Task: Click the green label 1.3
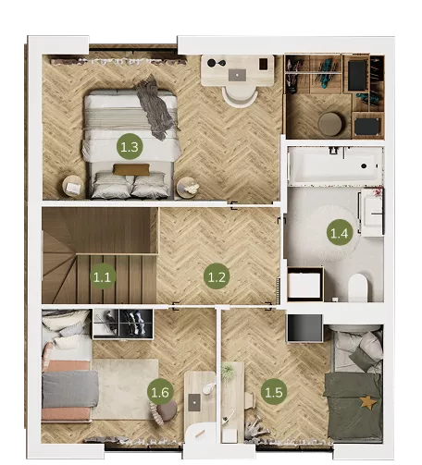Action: click(130, 146)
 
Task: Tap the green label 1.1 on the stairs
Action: click(103, 275)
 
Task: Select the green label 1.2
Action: click(217, 275)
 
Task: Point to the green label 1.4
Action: click(340, 232)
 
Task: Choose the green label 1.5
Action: click(274, 392)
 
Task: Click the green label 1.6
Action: click(160, 392)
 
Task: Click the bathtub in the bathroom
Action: click(335, 165)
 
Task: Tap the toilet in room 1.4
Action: click(358, 288)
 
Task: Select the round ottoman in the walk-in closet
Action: click(330, 124)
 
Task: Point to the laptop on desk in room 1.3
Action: click(237, 75)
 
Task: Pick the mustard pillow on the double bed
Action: click(131, 169)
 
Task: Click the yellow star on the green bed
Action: click(368, 403)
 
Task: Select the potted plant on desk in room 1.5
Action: click(229, 369)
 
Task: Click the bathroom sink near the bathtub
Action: click(373, 212)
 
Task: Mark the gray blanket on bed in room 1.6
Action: click(70, 389)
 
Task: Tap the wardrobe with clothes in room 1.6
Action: click(123, 324)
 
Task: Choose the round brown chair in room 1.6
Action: click(166, 410)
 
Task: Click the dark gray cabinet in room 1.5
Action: click(304, 328)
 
